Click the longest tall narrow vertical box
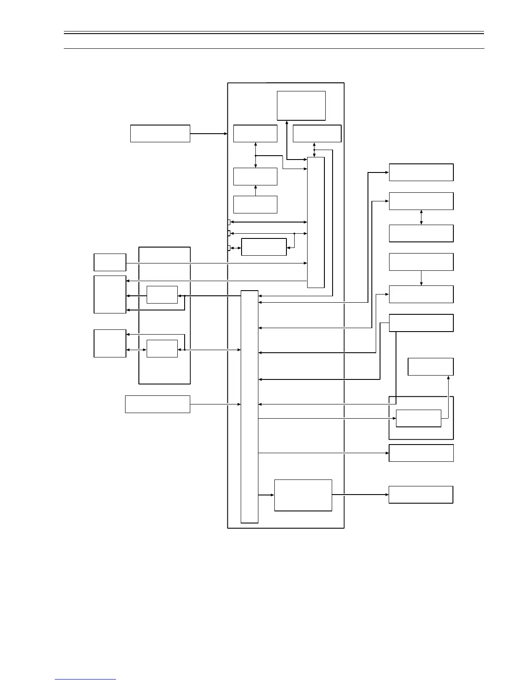click(249, 407)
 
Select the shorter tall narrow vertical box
click(315, 222)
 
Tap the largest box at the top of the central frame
click(301, 106)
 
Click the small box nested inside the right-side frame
click(418, 418)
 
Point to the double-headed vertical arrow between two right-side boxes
click(421, 217)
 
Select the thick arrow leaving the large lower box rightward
click(360, 495)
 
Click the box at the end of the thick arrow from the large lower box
click(421, 495)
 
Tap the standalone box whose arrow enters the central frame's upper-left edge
click(160, 134)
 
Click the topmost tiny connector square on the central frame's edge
click(229, 222)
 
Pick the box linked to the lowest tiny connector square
click(264, 247)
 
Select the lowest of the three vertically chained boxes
click(255, 204)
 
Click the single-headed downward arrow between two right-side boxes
click(421, 278)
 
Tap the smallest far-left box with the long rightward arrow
click(110, 262)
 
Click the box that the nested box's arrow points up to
click(431, 367)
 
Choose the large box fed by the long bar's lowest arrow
click(303, 495)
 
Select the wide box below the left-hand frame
click(157, 404)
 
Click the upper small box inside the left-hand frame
click(162, 295)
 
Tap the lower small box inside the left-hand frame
click(162, 348)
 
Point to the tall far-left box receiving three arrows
click(110, 295)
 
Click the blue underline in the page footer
click(85, 679)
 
